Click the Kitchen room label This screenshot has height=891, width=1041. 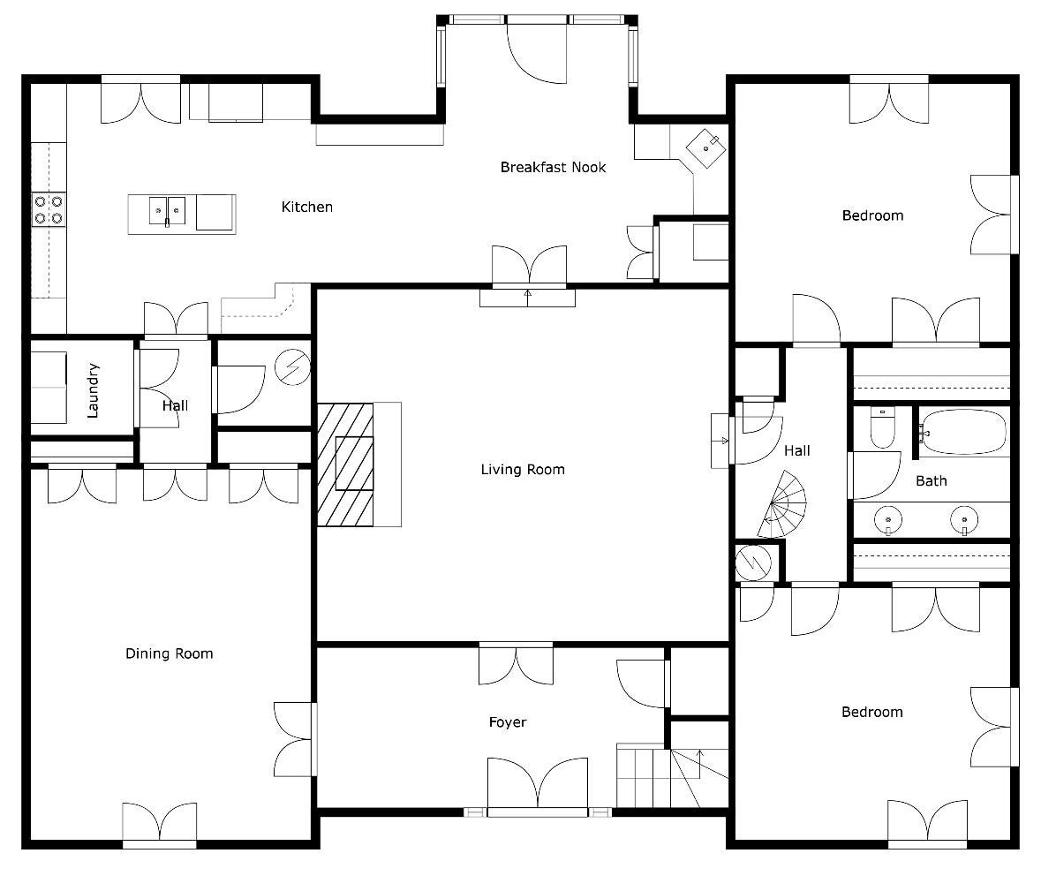(x=306, y=207)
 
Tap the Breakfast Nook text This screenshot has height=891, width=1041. (x=553, y=167)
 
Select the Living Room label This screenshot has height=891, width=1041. (x=522, y=469)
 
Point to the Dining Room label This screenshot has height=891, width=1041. (x=169, y=653)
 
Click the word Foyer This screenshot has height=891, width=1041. (x=508, y=722)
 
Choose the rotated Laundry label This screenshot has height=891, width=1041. (x=94, y=389)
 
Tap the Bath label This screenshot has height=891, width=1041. (x=931, y=480)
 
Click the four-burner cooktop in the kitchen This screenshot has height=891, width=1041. (x=49, y=209)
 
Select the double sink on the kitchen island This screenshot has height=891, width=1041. (x=167, y=210)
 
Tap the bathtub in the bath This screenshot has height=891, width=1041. (x=964, y=432)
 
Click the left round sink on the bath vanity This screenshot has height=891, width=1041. (x=887, y=520)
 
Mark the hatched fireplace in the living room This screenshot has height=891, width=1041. (x=345, y=464)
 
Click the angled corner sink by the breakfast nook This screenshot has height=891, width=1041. (x=708, y=145)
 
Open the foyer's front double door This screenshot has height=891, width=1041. (x=537, y=784)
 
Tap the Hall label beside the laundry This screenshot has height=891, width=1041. (x=175, y=406)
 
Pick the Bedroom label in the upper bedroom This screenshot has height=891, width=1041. (x=871, y=215)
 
